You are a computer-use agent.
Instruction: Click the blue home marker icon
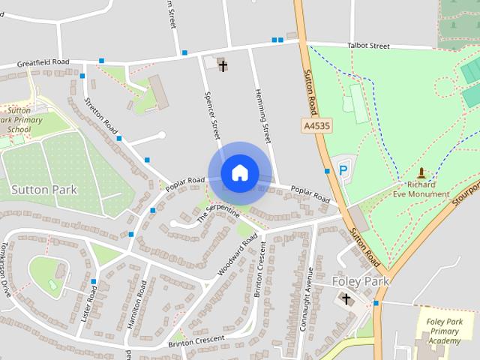[x=239, y=172]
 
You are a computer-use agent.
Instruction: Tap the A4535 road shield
[x=316, y=124]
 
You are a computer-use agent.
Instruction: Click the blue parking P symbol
[x=344, y=170]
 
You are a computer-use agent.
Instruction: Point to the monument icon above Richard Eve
[x=421, y=172]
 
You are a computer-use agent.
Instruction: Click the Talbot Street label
[x=368, y=46]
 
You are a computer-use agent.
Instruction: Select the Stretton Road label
[x=101, y=112]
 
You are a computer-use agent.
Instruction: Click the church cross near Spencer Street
[x=223, y=66]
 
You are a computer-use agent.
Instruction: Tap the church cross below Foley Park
[x=346, y=299]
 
